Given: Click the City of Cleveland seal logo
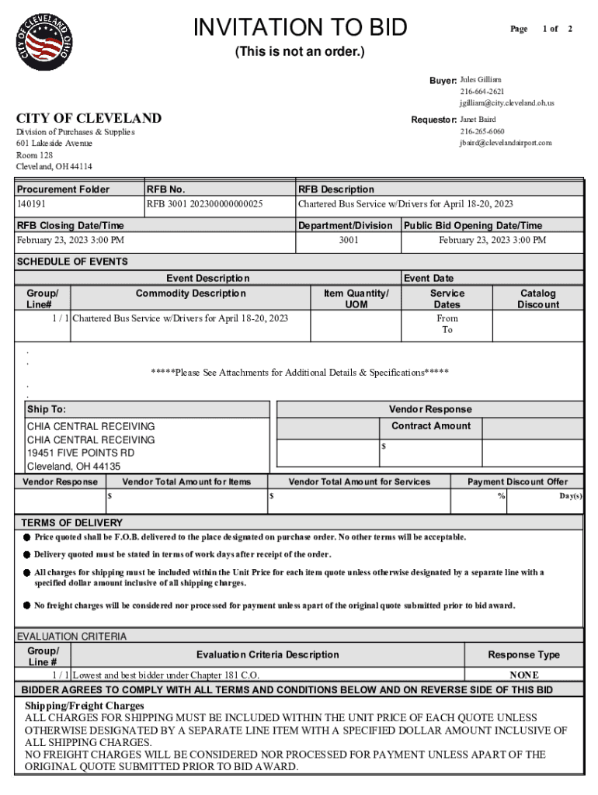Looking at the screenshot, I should point(47,39).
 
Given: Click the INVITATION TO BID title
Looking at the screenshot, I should point(300,28).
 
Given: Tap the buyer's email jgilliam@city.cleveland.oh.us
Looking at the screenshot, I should point(506,102).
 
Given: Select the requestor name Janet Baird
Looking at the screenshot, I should point(478,120).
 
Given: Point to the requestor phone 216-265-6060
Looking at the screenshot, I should point(482,131).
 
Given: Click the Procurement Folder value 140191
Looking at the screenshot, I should point(32,204).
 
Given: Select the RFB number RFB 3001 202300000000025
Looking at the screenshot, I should point(204,204).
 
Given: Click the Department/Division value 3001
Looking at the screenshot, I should point(348,240).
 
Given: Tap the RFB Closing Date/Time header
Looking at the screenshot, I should point(70,225).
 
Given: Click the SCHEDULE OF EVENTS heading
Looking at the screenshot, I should point(72,262).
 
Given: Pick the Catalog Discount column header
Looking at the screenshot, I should point(537,299).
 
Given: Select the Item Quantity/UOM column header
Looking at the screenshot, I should point(356,299).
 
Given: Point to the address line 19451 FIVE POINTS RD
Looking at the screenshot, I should point(80,453).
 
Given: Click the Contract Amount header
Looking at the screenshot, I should point(430,425).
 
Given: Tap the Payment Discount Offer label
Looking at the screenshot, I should point(517,481).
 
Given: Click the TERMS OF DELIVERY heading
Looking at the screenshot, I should point(71,522).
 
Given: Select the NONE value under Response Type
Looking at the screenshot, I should point(523,675).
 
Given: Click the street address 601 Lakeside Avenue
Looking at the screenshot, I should point(54,143).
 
